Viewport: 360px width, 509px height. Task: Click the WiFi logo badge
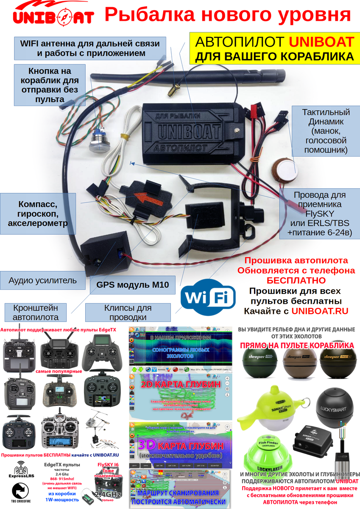(x=208, y=298)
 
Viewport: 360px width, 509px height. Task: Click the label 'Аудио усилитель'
(x=42, y=280)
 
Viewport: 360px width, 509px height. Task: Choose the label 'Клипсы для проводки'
(x=128, y=313)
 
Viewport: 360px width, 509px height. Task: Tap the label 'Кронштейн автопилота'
(x=35, y=313)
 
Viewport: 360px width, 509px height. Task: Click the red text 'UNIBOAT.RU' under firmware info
(x=320, y=311)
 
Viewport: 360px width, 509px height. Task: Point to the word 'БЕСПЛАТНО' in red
(x=296, y=280)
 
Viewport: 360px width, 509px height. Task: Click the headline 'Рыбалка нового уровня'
(x=227, y=15)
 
